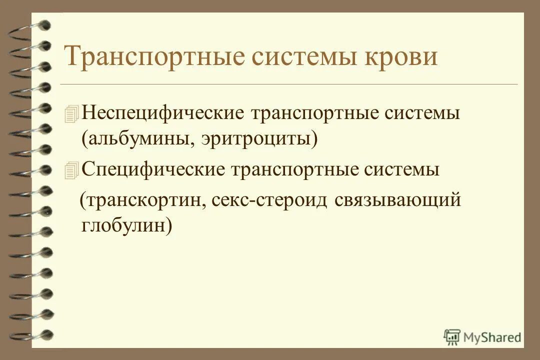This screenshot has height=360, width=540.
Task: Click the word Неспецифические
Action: (x=162, y=112)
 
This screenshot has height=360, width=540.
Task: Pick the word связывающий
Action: (x=397, y=200)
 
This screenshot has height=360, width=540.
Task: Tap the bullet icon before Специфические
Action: (x=72, y=171)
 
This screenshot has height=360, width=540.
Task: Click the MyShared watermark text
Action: (x=492, y=337)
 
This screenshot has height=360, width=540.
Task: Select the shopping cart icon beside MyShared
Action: (x=452, y=337)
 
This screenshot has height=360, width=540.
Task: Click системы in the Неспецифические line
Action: (x=422, y=112)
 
